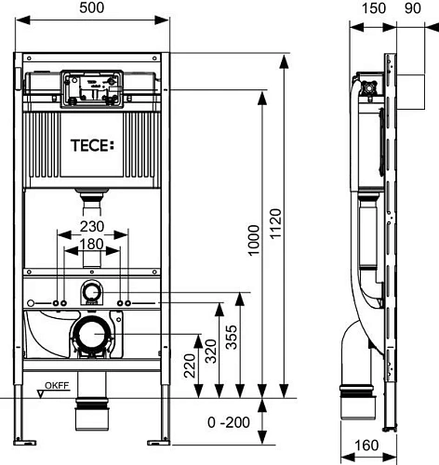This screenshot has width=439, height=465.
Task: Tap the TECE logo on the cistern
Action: tap(90, 145)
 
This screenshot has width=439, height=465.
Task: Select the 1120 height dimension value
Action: tap(301, 223)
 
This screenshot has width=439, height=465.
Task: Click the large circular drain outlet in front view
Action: tap(90, 333)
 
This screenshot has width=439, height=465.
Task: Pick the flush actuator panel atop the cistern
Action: tap(90, 89)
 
